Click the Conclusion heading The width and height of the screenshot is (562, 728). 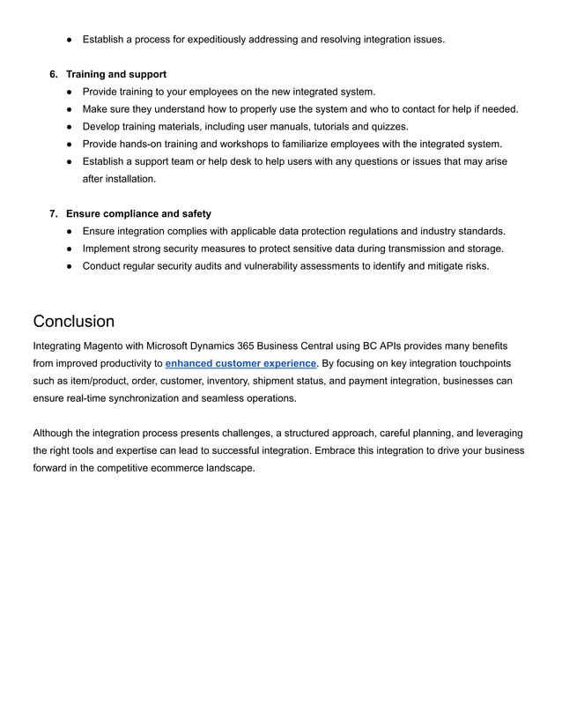pyautogui.click(x=73, y=321)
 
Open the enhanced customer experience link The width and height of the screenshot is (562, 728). pyautogui.click(x=240, y=363)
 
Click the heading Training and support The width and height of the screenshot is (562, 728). pyautogui.click(x=116, y=74)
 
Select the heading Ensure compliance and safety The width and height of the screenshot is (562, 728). pyautogui.click(x=138, y=213)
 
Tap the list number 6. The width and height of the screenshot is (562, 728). pyautogui.click(x=53, y=74)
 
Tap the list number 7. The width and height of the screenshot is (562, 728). pyautogui.click(x=53, y=213)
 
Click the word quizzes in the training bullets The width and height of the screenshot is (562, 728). pyautogui.click(x=388, y=126)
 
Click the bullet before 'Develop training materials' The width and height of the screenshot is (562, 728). pyautogui.click(x=70, y=126)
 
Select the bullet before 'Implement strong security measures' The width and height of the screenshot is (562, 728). pyautogui.click(x=70, y=249)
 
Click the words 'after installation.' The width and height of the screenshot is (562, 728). pyautogui.click(x=119, y=179)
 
